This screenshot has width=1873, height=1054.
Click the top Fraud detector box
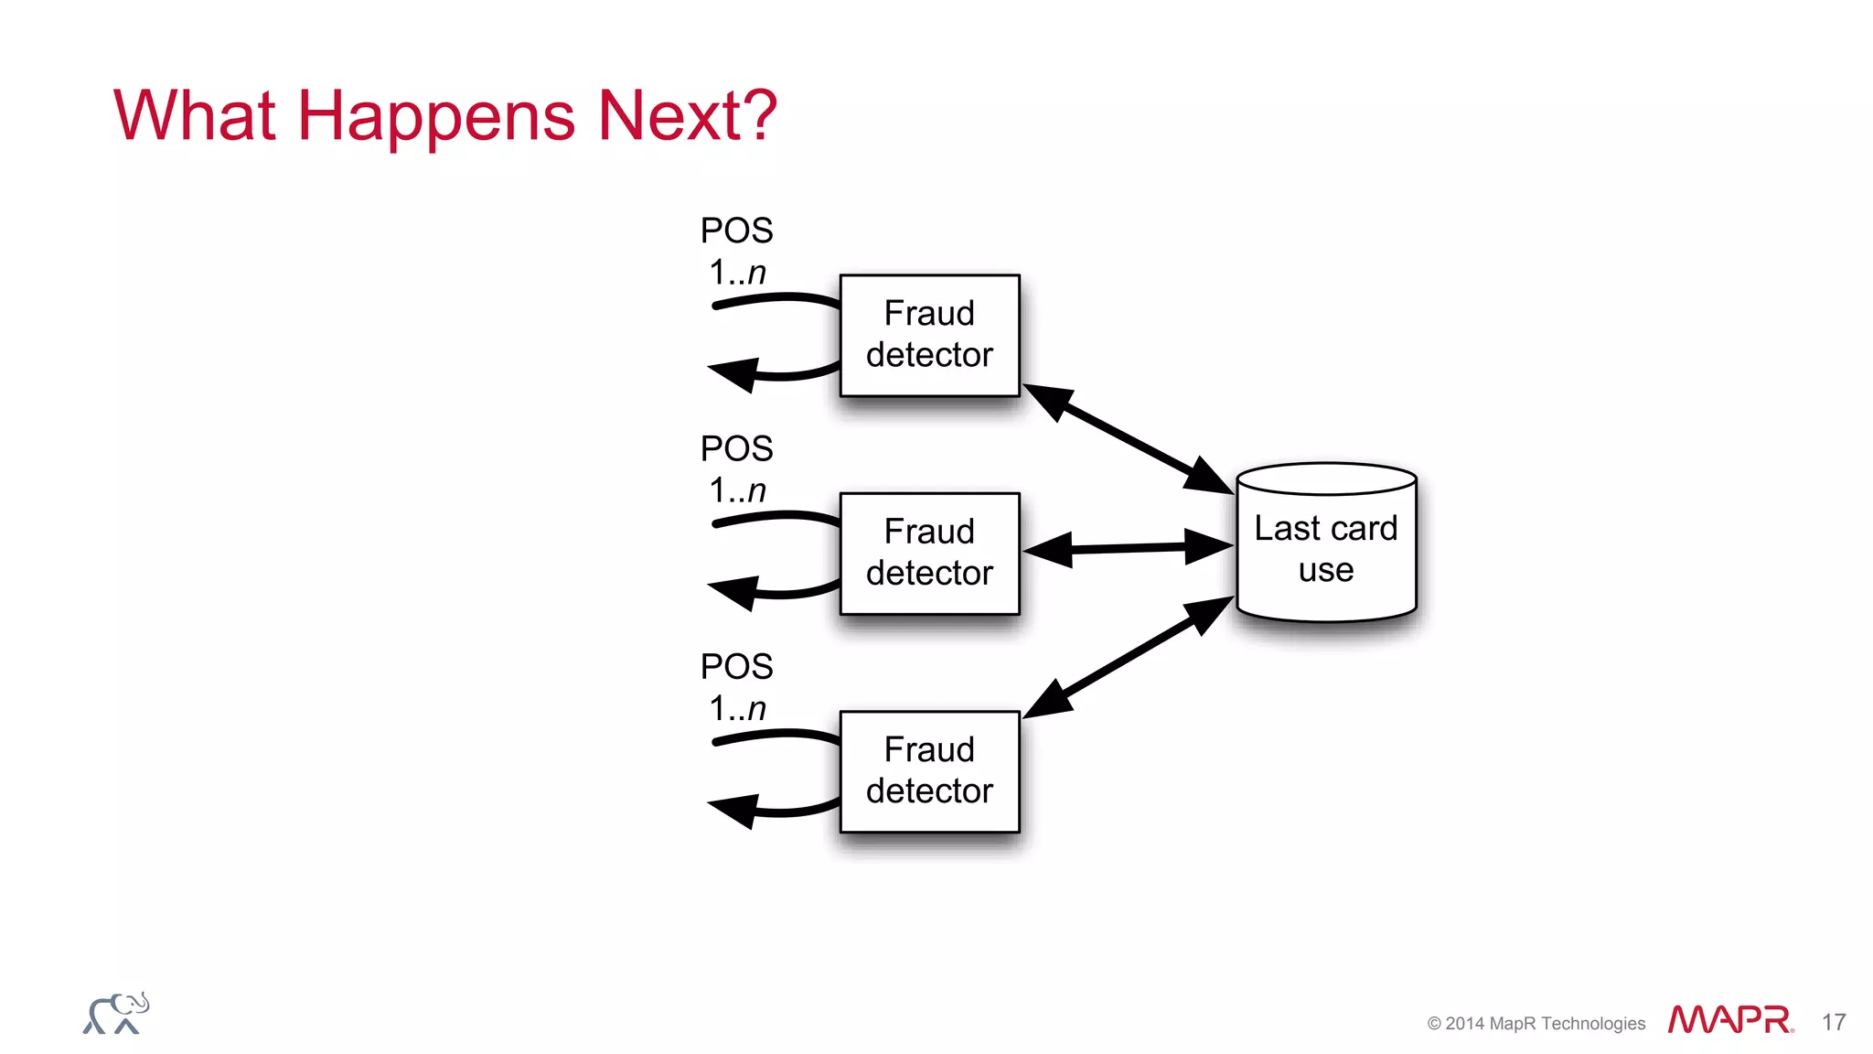click(929, 335)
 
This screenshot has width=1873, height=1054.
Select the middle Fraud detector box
click(929, 553)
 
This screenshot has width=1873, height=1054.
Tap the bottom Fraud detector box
click(929, 771)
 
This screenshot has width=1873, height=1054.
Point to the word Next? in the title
click(687, 115)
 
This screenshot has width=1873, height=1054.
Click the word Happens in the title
click(436, 117)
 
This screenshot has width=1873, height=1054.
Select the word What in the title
click(194, 115)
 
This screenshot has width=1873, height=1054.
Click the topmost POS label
click(736, 231)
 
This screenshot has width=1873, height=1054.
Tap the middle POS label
click(736, 448)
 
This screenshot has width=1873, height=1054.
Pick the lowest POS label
click(736, 666)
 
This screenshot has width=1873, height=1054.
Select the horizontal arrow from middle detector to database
click(1129, 549)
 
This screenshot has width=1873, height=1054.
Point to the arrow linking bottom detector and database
click(1129, 657)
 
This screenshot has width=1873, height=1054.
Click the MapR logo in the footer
click(1729, 1020)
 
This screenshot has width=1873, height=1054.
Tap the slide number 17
click(1834, 1022)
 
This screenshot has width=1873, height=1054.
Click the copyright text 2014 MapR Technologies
click(1536, 1024)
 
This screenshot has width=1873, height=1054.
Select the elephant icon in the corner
click(116, 1014)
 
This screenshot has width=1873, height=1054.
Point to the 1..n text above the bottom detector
click(737, 708)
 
